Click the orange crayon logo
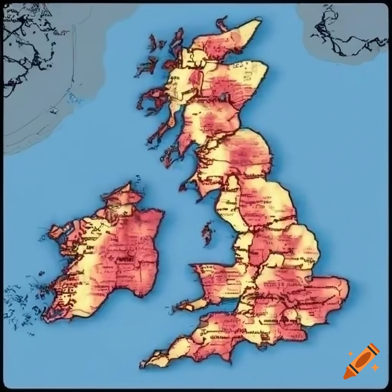[361, 361]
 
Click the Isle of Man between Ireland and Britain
[208, 232]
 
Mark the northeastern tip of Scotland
[260, 21]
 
